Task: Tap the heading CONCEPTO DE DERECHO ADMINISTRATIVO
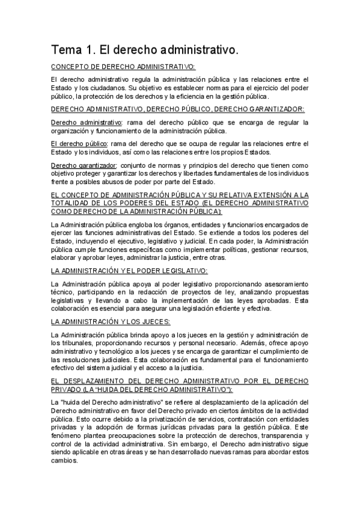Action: [123, 67]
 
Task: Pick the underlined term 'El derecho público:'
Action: [79, 143]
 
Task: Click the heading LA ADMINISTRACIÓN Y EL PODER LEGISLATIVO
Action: [129, 270]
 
